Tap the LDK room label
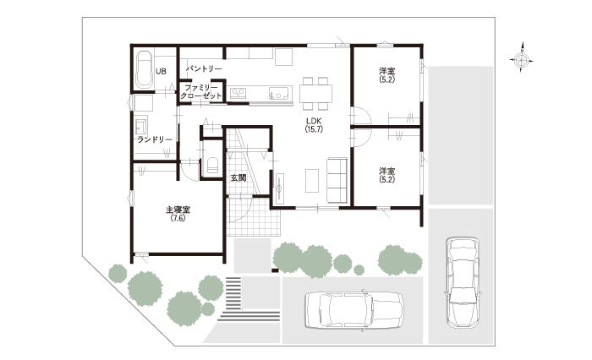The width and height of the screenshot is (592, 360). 314,124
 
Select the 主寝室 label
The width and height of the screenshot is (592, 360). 178,213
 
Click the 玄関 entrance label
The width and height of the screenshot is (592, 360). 238,177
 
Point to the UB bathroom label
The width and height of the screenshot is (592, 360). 161,71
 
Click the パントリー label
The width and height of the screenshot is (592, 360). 204,68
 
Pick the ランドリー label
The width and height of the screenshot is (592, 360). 155,139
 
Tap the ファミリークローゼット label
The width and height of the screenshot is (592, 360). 201,92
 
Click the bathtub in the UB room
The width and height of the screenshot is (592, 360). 144,69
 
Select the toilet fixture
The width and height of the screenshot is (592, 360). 212,166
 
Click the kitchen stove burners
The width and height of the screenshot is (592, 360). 238,92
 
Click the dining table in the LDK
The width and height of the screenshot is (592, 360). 316,94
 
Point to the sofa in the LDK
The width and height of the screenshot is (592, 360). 337,180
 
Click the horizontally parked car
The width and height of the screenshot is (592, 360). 354,310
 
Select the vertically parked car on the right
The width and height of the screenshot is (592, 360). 463,282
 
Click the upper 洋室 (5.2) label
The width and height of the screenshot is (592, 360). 387,74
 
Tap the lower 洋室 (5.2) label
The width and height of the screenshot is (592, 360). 387,175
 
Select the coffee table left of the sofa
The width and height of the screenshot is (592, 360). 312,181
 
